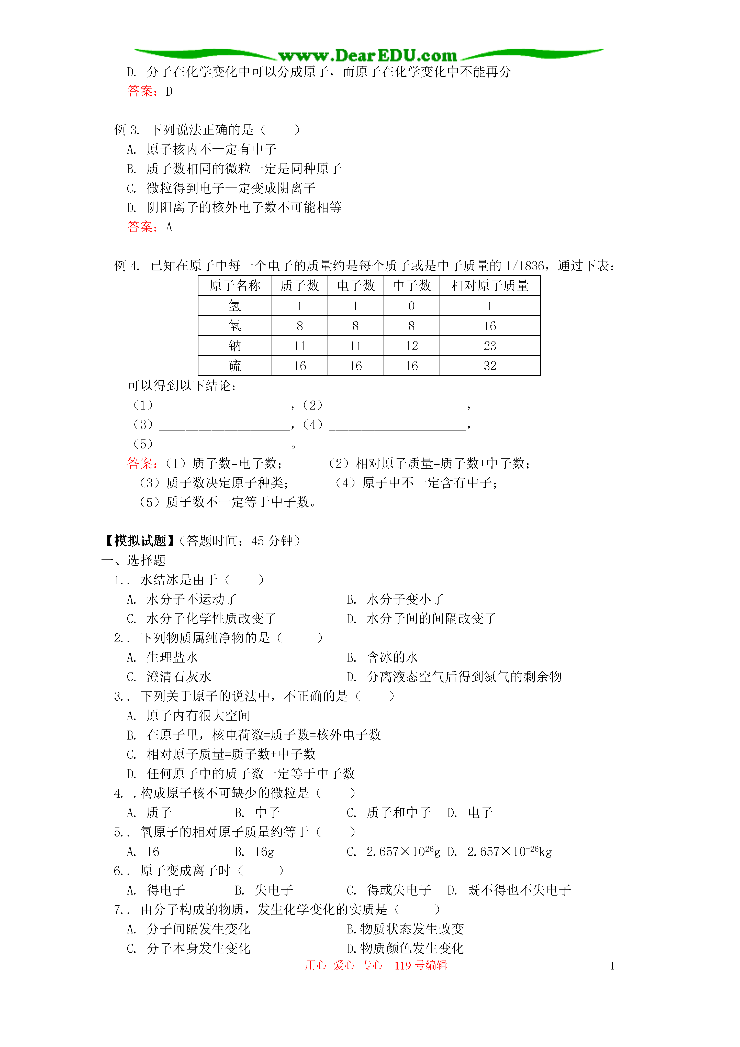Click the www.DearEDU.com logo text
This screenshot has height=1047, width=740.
coord(367,56)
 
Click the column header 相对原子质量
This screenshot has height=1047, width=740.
coord(490,286)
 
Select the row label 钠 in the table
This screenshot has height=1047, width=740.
coord(235,346)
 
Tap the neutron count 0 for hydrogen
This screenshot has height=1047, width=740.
coord(411,306)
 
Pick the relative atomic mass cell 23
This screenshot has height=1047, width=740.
coord(490,346)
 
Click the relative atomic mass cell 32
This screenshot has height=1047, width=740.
coord(490,366)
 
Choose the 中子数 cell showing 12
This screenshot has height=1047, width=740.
coord(411,346)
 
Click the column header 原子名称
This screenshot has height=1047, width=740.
coord(235,286)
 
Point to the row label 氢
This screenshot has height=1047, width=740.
coord(235,306)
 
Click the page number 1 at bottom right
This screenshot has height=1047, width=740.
coord(612,966)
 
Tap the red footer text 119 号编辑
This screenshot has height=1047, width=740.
coord(420,965)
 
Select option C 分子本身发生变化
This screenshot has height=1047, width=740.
coord(198,949)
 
